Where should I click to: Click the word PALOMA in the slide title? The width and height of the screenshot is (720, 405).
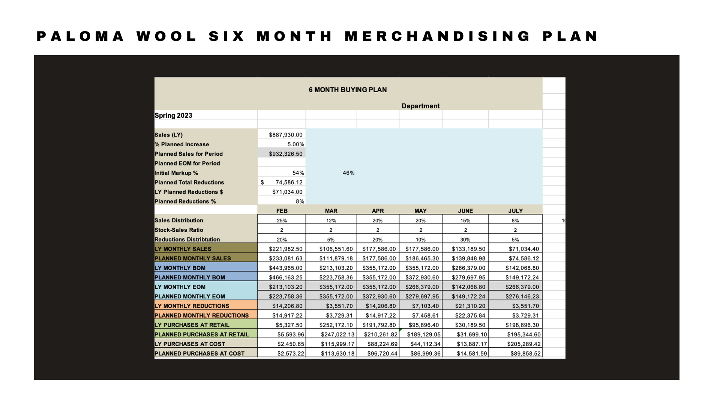[x=80, y=36]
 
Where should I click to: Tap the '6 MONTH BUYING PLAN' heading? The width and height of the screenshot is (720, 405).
[x=348, y=90]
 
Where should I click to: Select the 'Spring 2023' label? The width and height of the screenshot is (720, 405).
[x=173, y=115]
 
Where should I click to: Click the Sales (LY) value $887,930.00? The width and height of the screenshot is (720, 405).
[x=285, y=135]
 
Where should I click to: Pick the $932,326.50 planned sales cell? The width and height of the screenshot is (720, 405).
[x=285, y=154]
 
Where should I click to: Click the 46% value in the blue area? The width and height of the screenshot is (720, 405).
[x=348, y=173]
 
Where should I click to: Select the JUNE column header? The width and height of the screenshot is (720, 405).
[x=465, y=211]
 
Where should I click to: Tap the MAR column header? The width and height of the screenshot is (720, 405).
[x=331, y=211]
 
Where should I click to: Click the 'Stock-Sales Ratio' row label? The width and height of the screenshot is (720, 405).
[x=179, y=230]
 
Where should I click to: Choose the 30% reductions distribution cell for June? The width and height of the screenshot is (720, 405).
[x=465, y=240]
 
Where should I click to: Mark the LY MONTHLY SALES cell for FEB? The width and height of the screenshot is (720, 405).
[x=285, y=249]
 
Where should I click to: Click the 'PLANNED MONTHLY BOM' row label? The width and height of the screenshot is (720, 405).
[x=190, y=277]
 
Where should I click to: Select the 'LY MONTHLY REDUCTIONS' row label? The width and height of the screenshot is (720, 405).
[x=192, y=306]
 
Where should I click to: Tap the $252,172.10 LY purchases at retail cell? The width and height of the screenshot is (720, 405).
[x=336, y=325]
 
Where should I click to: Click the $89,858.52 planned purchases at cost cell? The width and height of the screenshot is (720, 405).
[x=525, y=354]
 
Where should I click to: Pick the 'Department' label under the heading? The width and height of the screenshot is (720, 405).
[x=420, y=106]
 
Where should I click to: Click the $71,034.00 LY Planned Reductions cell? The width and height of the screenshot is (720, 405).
[x=287, y=192]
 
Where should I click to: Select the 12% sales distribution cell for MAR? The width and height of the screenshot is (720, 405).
[x=331, y=220]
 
